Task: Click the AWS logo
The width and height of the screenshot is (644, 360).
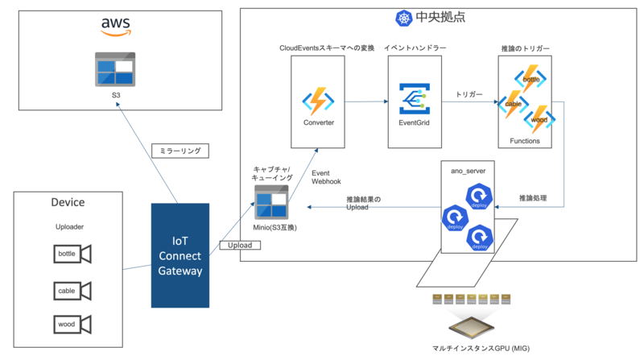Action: coord(116,27)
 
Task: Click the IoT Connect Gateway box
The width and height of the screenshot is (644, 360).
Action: coord(181,255)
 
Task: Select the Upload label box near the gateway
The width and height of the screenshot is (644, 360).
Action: coord(239,245)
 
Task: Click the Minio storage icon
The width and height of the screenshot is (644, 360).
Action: coord(270,202)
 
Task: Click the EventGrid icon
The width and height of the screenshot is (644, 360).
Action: coord(415,101)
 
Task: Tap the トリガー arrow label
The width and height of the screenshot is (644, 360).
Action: coord(469,95)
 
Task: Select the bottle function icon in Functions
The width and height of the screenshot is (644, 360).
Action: coord(531,80)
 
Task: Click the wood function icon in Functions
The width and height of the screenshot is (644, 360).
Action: coord(539,120)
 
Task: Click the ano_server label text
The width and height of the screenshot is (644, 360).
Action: coord(469,170)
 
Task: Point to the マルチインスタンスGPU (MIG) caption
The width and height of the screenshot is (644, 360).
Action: coord(469,348)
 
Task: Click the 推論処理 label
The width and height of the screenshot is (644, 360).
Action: coord(532,197)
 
